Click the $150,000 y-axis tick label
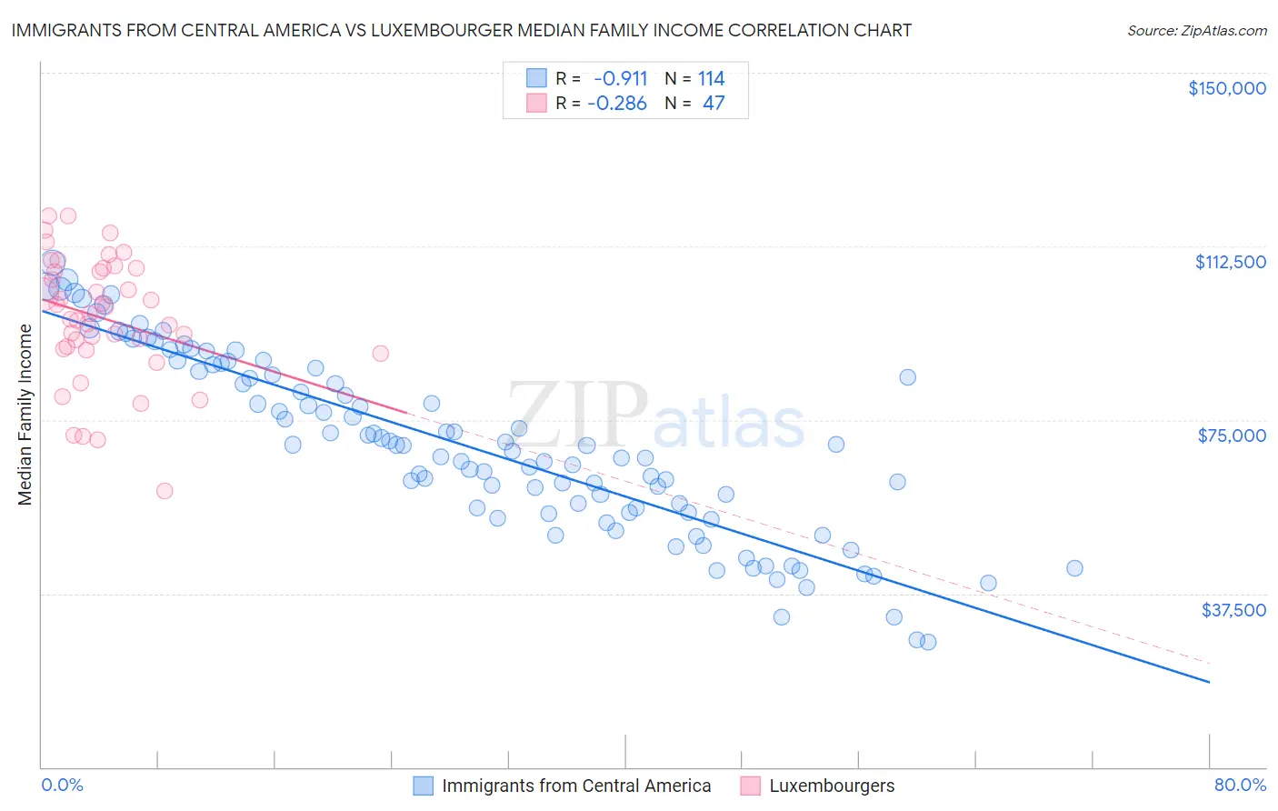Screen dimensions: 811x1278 point(1226,88)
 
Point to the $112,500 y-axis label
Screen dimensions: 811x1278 point(1230,262)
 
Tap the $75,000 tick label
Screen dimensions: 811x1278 point(1232,436)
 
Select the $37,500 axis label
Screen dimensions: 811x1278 point(1233,610)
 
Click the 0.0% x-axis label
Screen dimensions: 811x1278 point(62,785)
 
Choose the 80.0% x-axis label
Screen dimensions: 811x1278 point(1240,785)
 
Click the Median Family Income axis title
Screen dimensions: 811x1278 point(25,415)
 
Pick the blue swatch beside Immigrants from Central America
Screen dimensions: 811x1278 point(424,786)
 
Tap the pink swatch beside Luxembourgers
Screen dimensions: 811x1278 point(750,786)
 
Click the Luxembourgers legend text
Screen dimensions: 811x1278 point(832,786)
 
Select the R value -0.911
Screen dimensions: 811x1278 point(620,78)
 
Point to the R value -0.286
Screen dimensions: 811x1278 point(617,104)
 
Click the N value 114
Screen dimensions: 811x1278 point(712,78)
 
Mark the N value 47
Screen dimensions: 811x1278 point(714,104)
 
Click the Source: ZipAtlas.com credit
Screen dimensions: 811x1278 point(1196,31)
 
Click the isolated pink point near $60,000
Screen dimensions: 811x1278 point(165,491)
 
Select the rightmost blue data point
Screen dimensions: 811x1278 point(1074,568)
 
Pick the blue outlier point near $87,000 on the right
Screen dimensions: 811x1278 point(907,377)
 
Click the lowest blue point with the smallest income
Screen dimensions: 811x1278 point(928,642)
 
